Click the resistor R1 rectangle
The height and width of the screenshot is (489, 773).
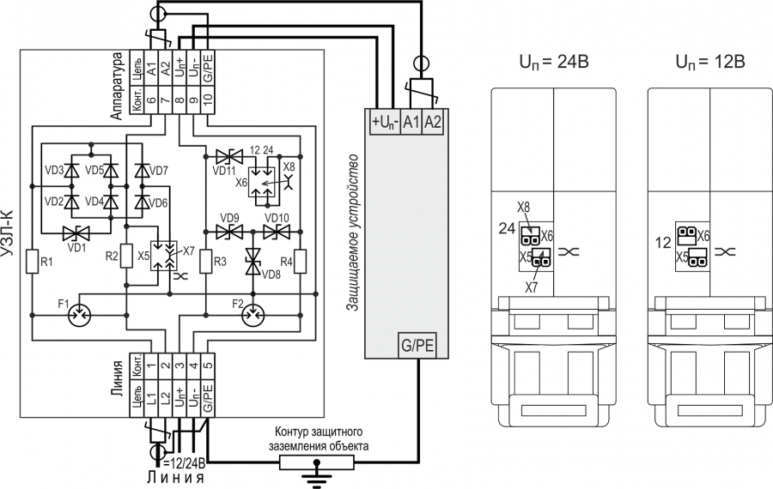tap(32, 261)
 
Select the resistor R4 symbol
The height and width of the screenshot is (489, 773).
tap(300, 261)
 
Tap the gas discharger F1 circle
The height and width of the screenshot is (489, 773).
tap(79, 315)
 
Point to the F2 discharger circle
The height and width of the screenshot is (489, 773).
tap(253, 315)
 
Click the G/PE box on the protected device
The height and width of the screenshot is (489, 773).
tap(417, 345)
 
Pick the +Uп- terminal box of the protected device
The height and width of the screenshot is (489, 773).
tap(385, 122)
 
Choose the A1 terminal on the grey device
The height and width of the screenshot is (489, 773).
tap(411, 122)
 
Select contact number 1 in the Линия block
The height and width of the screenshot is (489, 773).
tap(151, 365)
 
